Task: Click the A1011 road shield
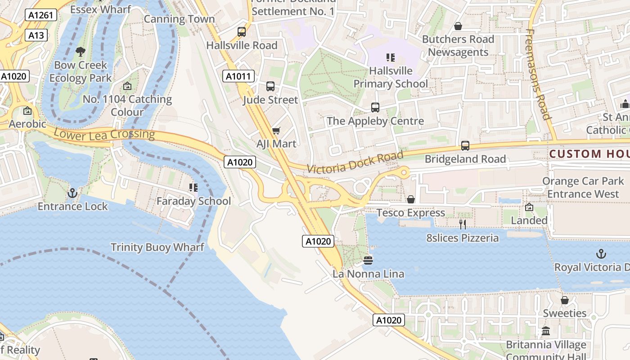pyautogui.click(x=238, y=76)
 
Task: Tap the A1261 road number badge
pyautogui.click(x=40, y=15)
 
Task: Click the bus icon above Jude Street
pyautogui.click(x=270, y=86)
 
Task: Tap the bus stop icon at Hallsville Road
pyautogui.click(x=242, y=32)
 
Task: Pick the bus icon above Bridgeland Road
pyautogui.click(x=465, y=146)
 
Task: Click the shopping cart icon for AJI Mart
pyautogui.click(x=276, y=130)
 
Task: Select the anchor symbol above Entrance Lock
pyautogui.click(x=72, y=193)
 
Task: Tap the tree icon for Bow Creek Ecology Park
pyautogui.click(x=81, y=52)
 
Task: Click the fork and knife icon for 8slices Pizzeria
pyautogui.click(x=462, y=224)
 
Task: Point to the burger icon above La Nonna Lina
pyautogui.click(x=368, y=261)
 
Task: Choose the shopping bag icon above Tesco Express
pyautogui.click(x=411, y=199)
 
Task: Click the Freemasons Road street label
pyautogui.click(x=538, y=74)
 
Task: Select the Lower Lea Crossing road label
pyautogui.click(x=104, y=134)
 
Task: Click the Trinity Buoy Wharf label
pyautogui.click(x=157, y=247)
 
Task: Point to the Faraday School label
pyautogui.click(x=193, y=201)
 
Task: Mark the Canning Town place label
pyautogui.click(x=179, y=19)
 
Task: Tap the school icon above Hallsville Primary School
pyautogui.click(x=391, y=58)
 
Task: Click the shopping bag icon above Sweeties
pyautogui.click(x=565, y=300)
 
